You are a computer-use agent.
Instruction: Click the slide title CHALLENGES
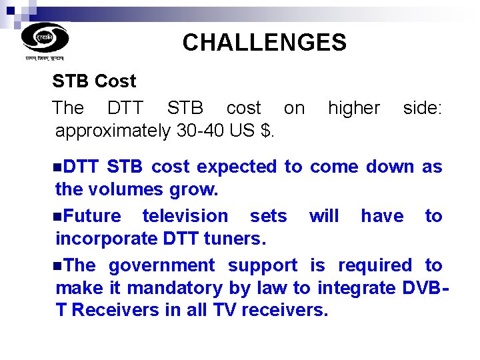[x=264, y=43]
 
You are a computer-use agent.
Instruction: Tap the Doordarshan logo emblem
[x=45, y=37]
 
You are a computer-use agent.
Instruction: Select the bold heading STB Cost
[x=94, y=81]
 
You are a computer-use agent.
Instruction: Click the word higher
[x=353, y=108]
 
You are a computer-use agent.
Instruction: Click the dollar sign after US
[x=267, y=131]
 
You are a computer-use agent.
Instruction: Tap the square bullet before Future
[x=59, y=216]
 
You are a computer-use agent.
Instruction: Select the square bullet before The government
[x=59, y=265]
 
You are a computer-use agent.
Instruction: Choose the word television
[x=185, y=216]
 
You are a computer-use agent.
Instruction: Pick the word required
[x=375, y=265]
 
